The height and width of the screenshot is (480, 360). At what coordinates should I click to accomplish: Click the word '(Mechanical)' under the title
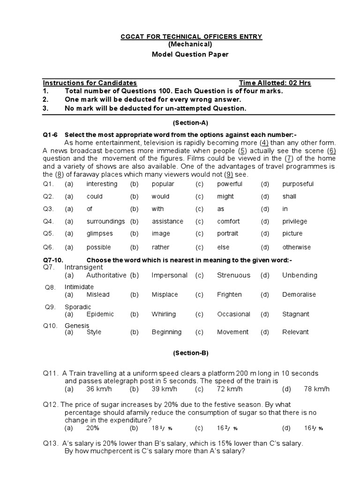pos(190,45)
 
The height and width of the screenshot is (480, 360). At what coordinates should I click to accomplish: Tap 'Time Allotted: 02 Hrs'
pos(275,83)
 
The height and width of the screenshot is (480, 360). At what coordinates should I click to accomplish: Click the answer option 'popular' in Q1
pos(163,184)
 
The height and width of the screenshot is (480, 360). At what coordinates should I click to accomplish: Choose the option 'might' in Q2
pos(225,196)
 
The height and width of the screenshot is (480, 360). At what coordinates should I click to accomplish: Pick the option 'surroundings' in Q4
pos(105,221)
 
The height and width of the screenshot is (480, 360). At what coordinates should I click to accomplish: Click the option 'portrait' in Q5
pos(227,233)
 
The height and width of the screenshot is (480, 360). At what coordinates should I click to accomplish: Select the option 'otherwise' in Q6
pos(296,247)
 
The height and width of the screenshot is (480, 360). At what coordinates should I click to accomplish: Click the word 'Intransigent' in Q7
pos(83,267)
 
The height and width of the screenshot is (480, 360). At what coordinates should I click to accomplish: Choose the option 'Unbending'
pos(300,275)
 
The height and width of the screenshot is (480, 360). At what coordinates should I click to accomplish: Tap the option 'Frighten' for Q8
pos(229,295)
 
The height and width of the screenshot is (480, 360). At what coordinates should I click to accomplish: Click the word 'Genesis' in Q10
pos(77,326)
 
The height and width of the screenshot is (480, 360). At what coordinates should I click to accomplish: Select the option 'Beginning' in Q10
pos(166,332)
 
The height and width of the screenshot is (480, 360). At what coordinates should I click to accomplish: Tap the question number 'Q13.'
pos(51,443)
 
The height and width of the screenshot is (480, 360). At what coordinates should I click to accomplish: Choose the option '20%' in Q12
pos(93,428)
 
